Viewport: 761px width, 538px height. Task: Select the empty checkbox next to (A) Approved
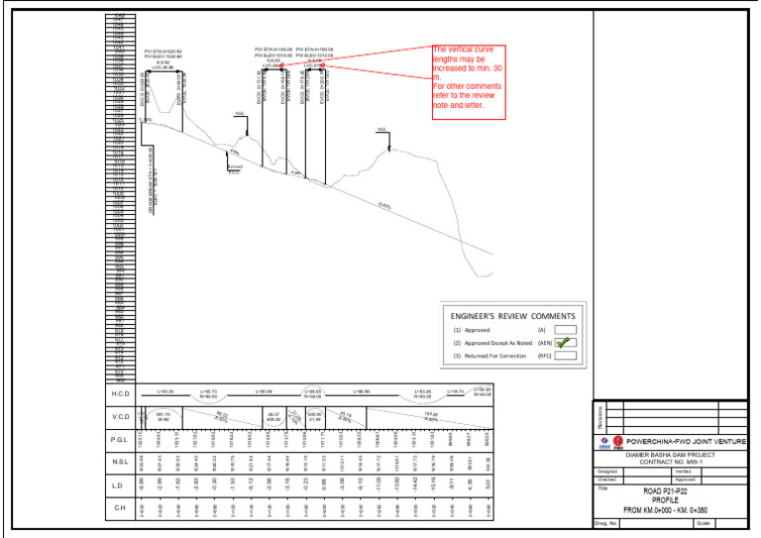tap(565, 329)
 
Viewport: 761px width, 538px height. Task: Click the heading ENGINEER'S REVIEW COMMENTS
tap(512, 315)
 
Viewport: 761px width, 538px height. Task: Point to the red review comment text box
tap(470, 83)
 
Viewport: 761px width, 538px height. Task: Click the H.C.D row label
tap(120, 394)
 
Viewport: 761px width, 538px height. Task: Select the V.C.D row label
tap(120, 417)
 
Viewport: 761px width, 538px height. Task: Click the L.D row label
tap(120, 485)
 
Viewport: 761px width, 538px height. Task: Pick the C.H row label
tap(120, 508)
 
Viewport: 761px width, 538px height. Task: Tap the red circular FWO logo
tap(617, 441)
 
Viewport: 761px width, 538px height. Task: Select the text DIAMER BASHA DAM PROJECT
tap(671, 455)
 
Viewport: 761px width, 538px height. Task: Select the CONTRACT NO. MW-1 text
tap(671, 462)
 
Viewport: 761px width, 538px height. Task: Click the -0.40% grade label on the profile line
tap(383, 206)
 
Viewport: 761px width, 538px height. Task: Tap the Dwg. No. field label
tap(606, 523)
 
